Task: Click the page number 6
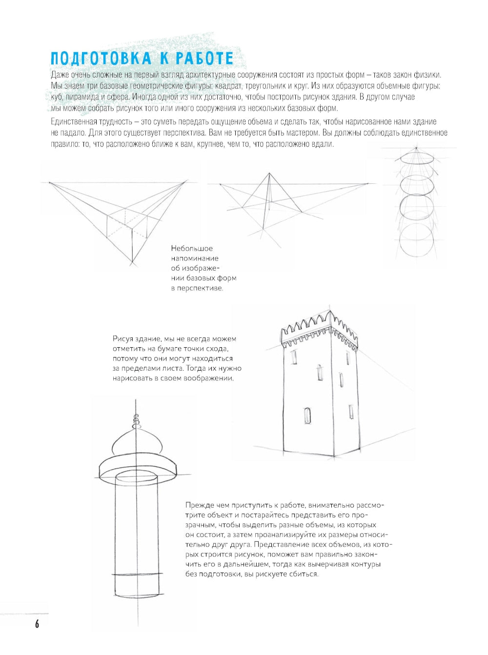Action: point(37,624)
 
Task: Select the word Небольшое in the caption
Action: point(192,249)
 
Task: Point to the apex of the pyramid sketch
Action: point(269,174)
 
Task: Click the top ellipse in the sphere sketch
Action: point(416,158)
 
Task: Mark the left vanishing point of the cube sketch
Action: point(49,183)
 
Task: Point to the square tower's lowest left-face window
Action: point(307,416)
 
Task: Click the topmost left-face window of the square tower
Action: point(294,357)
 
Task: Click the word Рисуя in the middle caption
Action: point(122,338)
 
